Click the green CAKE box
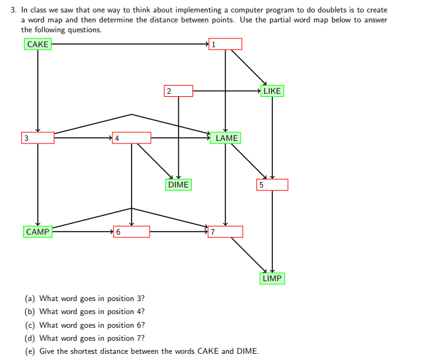coord(38,44)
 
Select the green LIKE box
coord(272,91)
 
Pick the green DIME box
coord(178,184)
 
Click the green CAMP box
coord(38,232)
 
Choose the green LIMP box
coord(272,278)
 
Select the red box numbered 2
coord(178,91)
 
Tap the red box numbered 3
coord(38,138)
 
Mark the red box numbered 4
coord(132,138)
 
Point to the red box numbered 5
coord(272,184)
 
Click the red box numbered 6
coord(132,232)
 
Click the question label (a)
coord(30,299)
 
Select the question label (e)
coord(30,351)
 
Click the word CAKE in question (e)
coord(208,351)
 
